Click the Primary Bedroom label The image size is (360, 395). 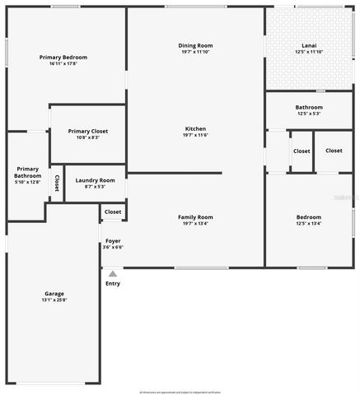(63, 58)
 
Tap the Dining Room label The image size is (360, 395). (195, 45)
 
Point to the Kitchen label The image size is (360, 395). (195, 129)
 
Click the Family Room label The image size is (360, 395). (195, 217)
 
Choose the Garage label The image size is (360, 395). (54, 294)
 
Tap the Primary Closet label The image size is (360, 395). (87, 131)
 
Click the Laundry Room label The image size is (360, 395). (95, 180)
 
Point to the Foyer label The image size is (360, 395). (113, 240)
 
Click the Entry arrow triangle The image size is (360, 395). (113, 273)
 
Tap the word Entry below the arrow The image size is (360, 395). (113, 284)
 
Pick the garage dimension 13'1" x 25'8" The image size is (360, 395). (54, 300)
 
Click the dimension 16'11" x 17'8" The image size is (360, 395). (63, 64)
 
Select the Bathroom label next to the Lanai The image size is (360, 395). (309, 107)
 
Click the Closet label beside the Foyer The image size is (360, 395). (113, 211)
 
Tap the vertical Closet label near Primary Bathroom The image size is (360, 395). (57, 183)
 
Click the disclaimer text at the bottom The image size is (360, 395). (180, 392)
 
